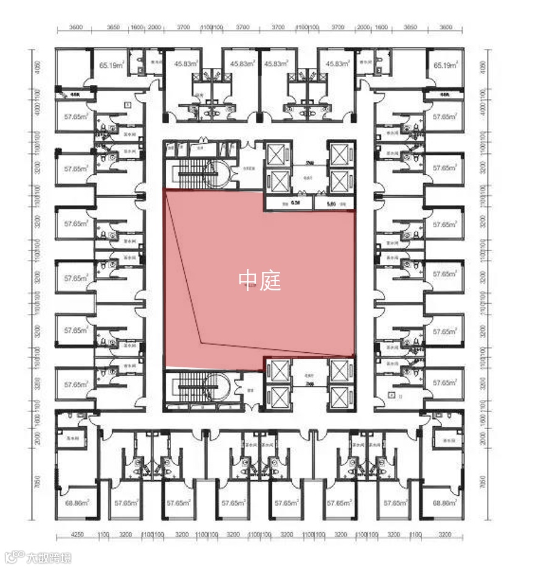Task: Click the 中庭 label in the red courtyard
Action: point(260,279)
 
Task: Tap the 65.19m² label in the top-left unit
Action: point(112,64)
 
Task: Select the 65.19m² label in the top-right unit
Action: point(445,64)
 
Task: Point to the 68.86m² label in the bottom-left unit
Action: point(78,503)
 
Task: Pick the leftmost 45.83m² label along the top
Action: point(186,64)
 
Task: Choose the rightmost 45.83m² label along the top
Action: point(337,64)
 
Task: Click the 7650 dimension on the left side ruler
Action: point(38,483)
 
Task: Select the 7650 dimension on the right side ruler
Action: point(483,483)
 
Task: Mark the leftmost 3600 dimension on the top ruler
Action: point(76,27)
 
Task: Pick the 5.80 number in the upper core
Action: point(332,204)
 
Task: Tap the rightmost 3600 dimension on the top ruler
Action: point(445,27)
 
